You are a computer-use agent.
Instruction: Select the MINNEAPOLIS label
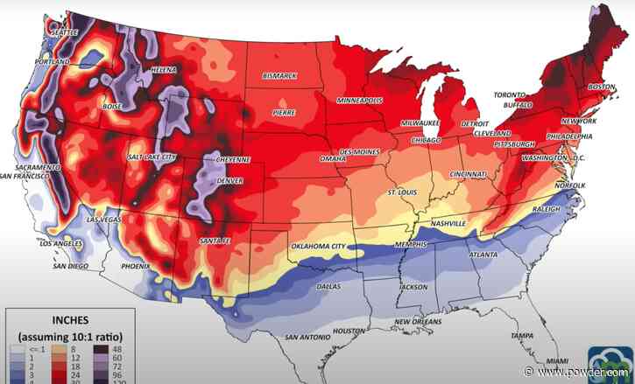361,101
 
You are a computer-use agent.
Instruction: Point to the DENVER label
229,181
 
